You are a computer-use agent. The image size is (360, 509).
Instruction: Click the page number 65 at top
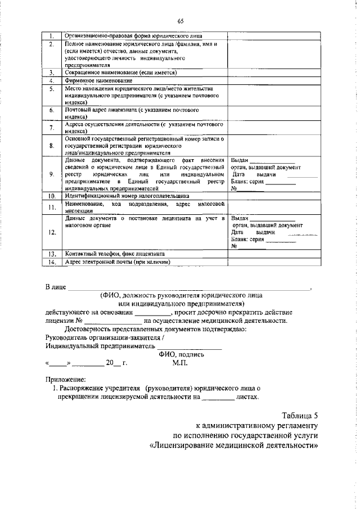pos(181,21)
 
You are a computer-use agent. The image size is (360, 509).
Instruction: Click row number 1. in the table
pos(51,35)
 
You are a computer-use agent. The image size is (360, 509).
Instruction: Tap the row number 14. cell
pos(51,262)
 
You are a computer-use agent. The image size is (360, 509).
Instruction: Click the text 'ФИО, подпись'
pos(182,354)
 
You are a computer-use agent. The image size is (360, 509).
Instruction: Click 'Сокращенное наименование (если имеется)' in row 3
pos(121,73)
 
